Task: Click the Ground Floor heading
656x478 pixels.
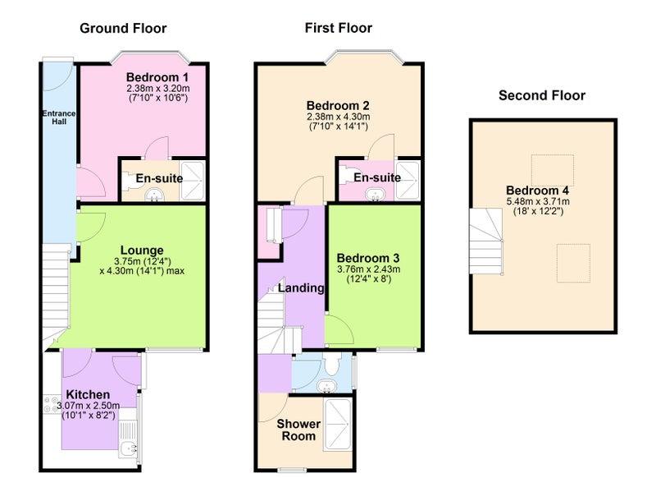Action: [x=123, y=29]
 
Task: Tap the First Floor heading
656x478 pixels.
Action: [x=339, y=28]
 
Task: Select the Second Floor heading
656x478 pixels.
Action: [x=542, y=95]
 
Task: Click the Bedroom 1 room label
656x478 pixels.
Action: [x=157, y=77]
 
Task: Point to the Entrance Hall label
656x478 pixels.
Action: [x=59, y=117]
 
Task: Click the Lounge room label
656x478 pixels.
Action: [x=142, y=250]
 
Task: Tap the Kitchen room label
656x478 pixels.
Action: [x=88, y=394]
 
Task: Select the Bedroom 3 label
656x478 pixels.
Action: [x=368, y=258]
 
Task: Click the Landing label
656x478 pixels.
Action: [x=301, y=288]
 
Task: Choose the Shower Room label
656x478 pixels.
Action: [x=298, y=430]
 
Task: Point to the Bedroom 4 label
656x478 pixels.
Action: [x=538, y=191]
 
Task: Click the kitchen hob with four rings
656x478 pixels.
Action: [x=52, y=404]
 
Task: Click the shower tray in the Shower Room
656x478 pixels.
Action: [x=337, y=425]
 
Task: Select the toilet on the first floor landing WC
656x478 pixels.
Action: [x=333, y=364]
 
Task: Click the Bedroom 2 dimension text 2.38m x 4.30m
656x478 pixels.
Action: [x=339, y=117]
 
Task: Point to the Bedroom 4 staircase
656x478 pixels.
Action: [x=485, y=241]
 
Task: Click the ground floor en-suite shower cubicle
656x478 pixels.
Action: [x=192, y=181]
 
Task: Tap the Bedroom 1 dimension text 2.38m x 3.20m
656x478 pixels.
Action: [x=158, y=89]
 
